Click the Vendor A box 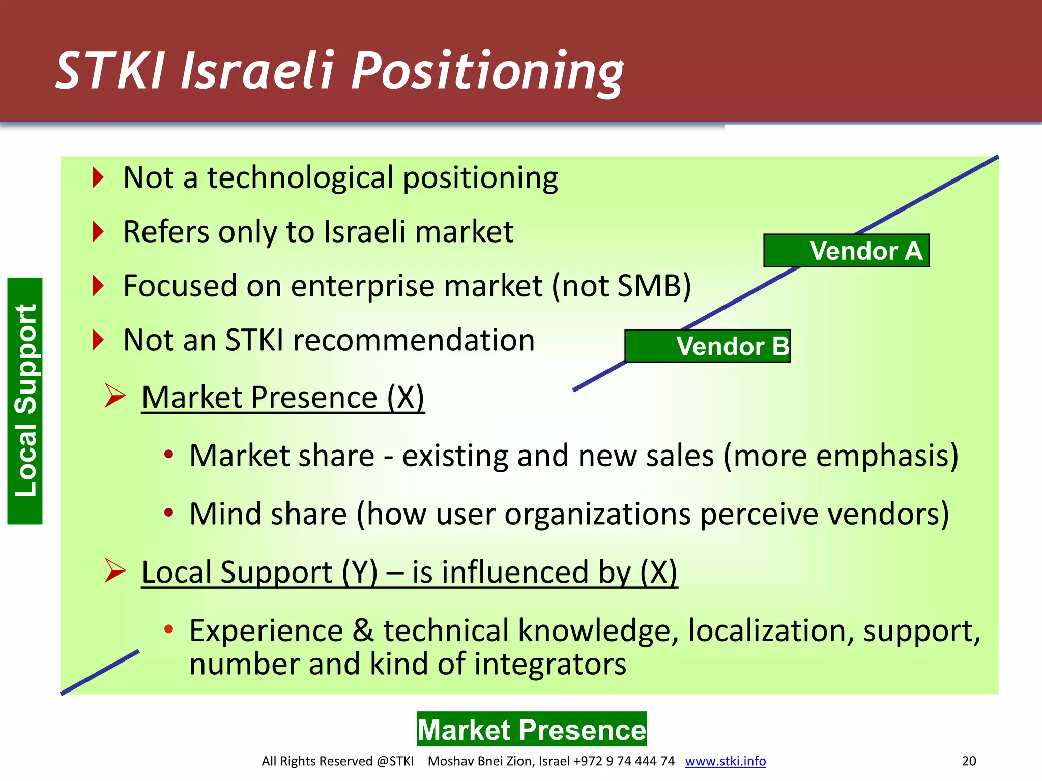click(x=846, y=251)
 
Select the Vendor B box click(x=707, y=346)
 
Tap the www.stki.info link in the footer click(x=725, y=761)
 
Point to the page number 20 click(x=969, y=761)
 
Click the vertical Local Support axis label click(x=25, y=401)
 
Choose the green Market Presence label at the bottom click(x=532, y=729)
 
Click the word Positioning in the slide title click(x=487, y=71)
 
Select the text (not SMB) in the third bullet click(x=622, y=286)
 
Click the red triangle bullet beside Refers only click(x=98, y=232)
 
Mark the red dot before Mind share click(x=169, y=513)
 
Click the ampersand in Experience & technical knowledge click(x=363, y=631)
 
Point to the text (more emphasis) click(x=841, y=456)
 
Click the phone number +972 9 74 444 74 click(x=624, y=761)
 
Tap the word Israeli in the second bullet click(x=365, y=232)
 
